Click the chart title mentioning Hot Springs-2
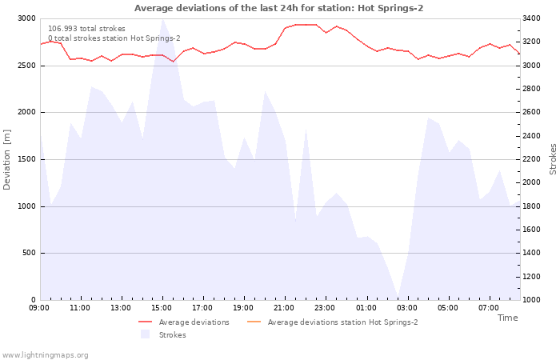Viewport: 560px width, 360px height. click(279, 8)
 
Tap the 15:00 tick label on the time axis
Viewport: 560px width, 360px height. click(162, 308)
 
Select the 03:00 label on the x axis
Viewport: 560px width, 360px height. click(407, 308)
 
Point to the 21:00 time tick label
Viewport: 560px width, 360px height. click(284, 308)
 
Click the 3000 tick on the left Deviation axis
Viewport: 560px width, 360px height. click(26, 18)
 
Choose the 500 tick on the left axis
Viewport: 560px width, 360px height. click(29, 254)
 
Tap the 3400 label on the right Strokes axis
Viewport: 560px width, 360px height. click(531, 18)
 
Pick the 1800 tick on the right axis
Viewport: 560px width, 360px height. click(531, 206)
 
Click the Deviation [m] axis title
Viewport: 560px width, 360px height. click(6, 160)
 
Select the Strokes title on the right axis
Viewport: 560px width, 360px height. click(553, 159)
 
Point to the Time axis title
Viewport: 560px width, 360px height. click(507, 318)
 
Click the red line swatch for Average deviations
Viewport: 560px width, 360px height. click(146, 322)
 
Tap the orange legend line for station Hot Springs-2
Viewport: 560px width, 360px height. click(254, 322)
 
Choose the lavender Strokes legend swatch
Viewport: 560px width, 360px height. click(145, 334)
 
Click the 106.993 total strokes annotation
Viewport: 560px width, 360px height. click(86, 29)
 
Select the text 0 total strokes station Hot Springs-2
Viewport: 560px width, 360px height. click(114, 38)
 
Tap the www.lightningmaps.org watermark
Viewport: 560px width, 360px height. click(44, 355)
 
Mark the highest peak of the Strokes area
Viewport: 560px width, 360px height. click(163, 19)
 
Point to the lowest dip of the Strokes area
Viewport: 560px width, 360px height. click(398, 297)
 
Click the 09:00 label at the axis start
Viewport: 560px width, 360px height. click(39, 308)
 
